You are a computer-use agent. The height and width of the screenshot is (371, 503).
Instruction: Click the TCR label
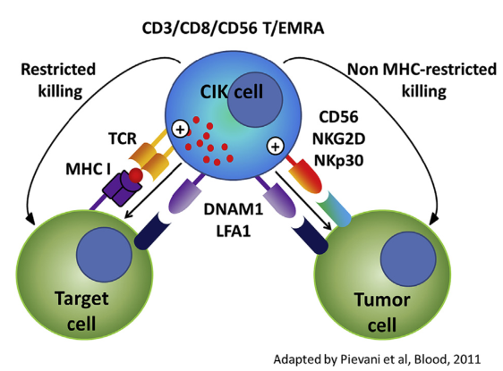point(123,139)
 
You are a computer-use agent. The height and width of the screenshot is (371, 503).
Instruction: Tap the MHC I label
point(88,169)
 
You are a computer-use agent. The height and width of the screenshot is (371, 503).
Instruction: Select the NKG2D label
point(338,139)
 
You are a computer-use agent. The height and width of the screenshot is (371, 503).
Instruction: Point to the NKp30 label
point(338,160)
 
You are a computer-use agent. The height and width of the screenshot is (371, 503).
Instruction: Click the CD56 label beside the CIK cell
point(338,117)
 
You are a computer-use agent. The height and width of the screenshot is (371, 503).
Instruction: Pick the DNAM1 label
point(234,209)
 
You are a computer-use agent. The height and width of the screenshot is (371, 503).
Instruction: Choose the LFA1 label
point(234,231)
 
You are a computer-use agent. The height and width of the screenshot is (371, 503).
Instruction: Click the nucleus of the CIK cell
point(255,99)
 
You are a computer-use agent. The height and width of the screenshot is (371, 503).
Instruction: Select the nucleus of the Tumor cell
point(408,259)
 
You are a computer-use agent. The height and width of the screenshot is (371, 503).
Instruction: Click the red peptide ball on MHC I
point(136,175)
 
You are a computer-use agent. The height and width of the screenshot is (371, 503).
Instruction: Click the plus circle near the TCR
point(180,130)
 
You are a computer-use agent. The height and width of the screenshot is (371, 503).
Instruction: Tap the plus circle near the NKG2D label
point(276,146)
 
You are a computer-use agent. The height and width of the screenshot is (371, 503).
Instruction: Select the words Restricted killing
point(58,80)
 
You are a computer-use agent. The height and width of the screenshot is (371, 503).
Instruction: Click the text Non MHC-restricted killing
point(422,80)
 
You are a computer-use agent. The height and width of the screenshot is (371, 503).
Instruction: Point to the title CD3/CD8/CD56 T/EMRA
point(233,29)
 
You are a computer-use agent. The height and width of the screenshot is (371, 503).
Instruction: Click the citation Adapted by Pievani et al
point(378,359)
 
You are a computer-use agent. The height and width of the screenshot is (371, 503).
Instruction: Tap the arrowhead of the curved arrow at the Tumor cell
point(433,220)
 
